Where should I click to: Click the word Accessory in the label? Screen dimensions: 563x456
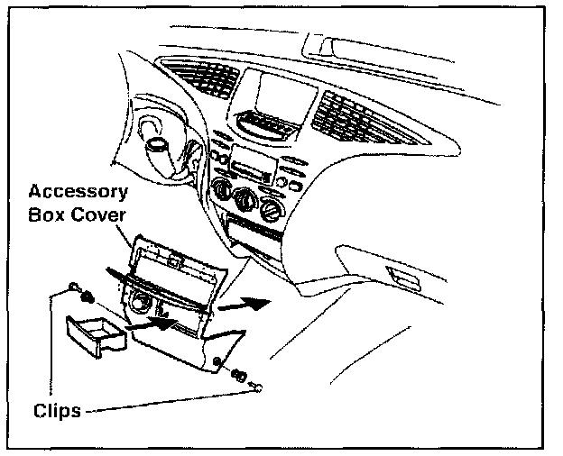78,192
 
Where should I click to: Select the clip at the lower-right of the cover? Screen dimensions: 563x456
239,375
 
